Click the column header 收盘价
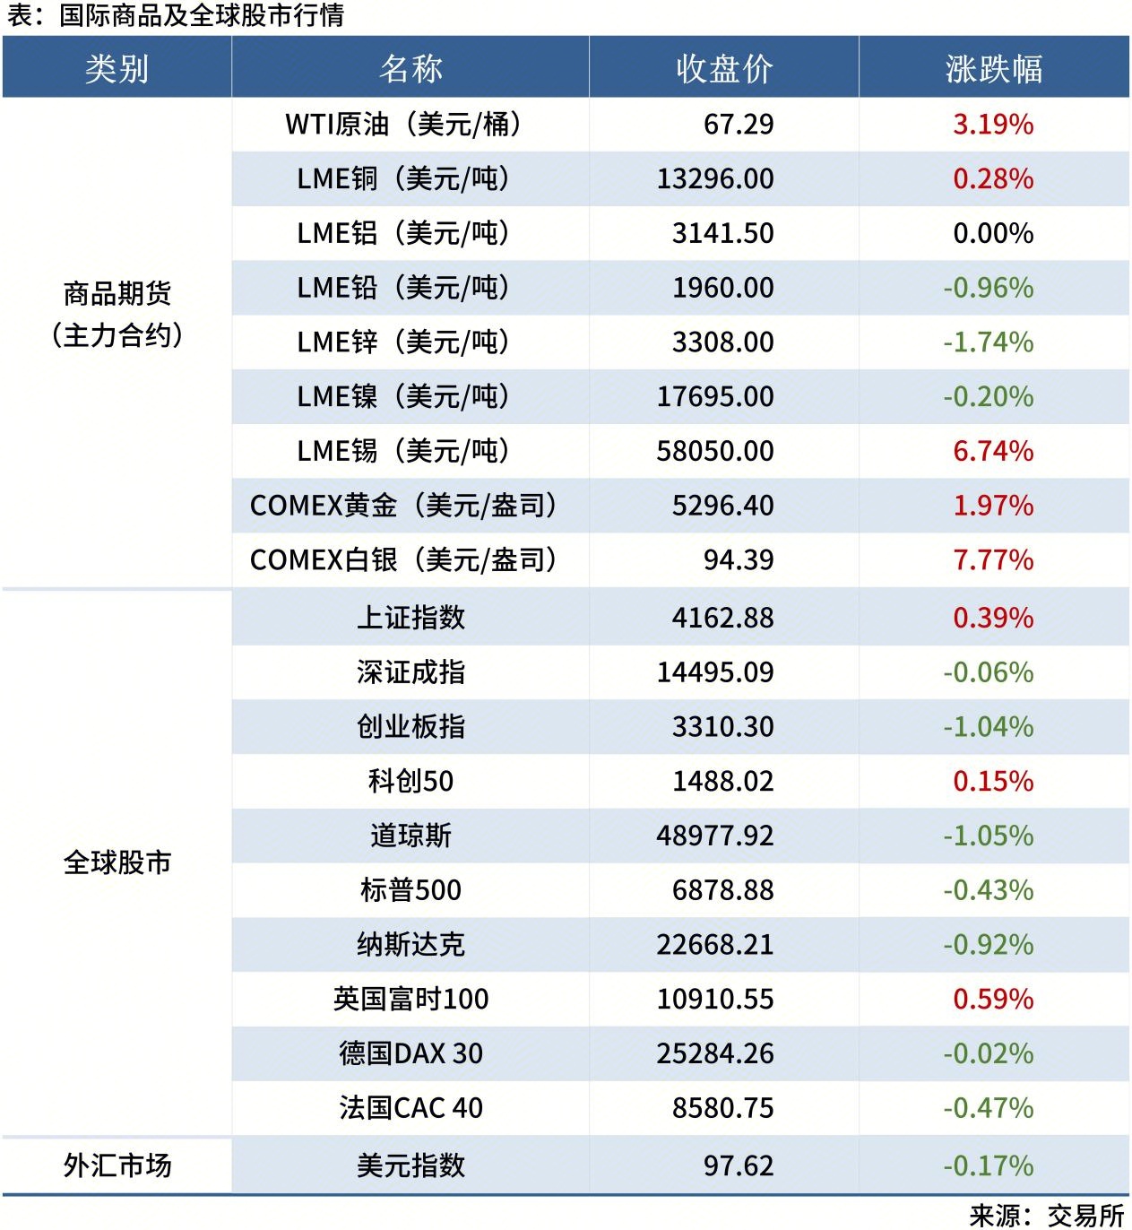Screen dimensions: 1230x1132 [724, 69]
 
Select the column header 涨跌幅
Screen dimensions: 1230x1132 [993, 69]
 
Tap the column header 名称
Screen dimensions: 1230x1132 [410, 69]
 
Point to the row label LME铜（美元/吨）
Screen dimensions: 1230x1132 [403, 179]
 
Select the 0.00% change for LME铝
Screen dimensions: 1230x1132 [992, 234]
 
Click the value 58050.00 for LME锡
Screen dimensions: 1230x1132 [714, 451]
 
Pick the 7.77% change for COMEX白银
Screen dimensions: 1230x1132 [992, 560]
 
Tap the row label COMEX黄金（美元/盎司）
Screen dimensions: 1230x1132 [403, 506]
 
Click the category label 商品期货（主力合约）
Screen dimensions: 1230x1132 [117, 314]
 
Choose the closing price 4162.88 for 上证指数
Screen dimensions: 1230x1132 [722, 618]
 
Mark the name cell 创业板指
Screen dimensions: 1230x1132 [410, 727]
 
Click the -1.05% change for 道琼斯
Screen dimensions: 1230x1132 [988, 836]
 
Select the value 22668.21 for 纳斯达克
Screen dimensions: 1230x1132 [714, 945]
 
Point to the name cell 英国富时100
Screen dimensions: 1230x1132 [410, 999]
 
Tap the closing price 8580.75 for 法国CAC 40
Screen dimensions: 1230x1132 [722, 1108]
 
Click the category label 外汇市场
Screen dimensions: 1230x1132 [117, 1165]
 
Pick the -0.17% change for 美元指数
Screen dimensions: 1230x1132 [988, 1165]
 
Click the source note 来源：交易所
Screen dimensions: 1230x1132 [1046, 1215]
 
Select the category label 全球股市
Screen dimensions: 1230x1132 [117, 862]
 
